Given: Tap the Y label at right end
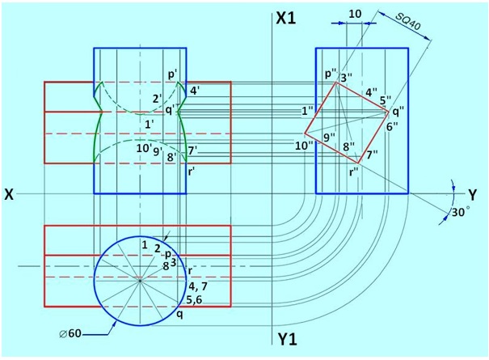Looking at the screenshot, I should (x=472, y=194).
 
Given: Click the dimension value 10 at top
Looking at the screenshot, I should (x=355, y=15).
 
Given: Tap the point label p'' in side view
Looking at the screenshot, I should (x=331, y=73).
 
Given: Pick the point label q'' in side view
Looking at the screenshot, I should (x=397, y=112).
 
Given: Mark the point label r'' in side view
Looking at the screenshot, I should (x=354, y=171).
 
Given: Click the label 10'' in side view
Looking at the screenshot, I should (x=304, y=145).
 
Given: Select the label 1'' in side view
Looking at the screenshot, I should (x=306, y=110).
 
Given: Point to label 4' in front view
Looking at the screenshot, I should (x=196, y=91).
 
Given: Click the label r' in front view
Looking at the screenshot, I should (x=191, y=172).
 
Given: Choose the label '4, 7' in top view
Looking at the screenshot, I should (x=198, y=286).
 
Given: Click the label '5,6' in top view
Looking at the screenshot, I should (x=195, y=299).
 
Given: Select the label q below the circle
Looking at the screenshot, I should (x=179, y=314).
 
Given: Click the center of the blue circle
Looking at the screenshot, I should (x=141, y=280).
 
